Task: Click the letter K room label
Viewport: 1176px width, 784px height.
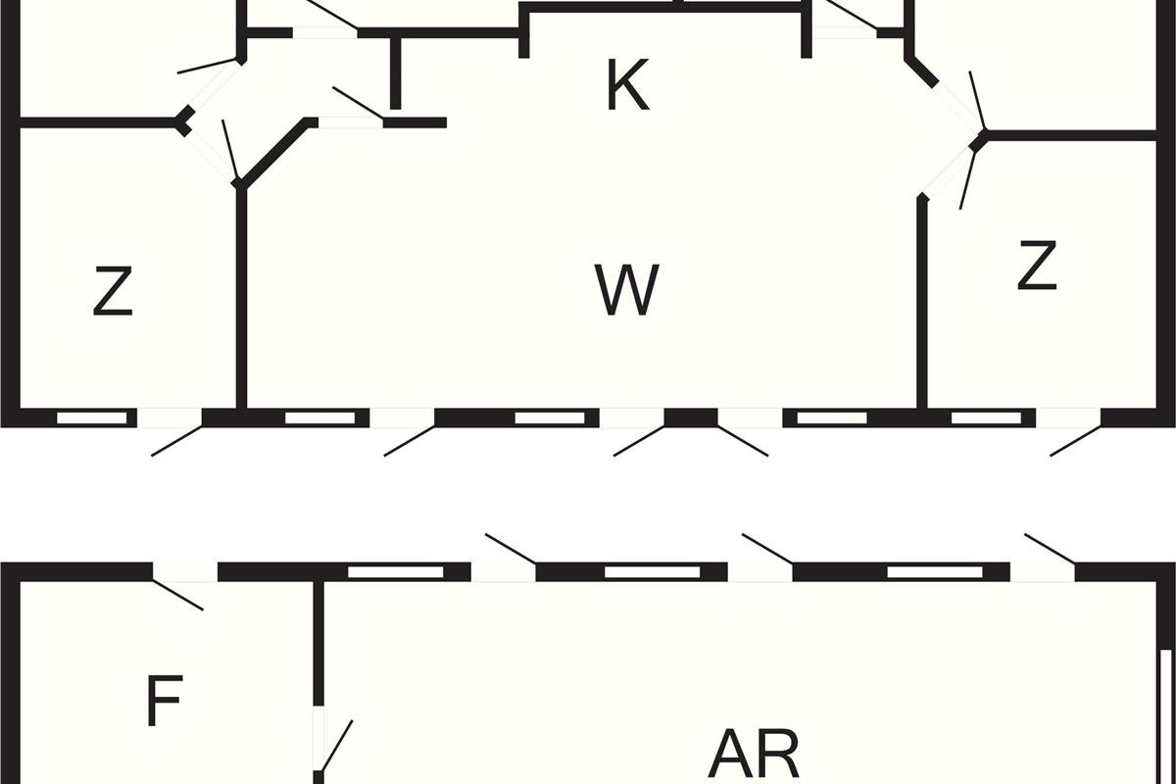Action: click(628, 84)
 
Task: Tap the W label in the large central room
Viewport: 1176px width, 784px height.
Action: click(627, 289)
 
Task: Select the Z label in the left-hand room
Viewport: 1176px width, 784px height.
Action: click(113, 291)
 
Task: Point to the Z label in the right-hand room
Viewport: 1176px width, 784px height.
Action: click(1037, 266)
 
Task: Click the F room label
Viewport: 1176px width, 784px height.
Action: click(165, 701)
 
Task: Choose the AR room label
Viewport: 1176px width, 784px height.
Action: click(754, 753)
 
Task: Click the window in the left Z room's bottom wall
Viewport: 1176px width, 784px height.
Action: click(92, 418)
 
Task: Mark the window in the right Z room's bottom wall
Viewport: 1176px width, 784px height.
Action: click(987, 418)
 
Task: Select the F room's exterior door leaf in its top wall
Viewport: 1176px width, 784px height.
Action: click(177, 595)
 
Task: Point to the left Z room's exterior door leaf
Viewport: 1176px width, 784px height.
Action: click(177, 441)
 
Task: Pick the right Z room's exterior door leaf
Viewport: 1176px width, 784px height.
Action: click(1076, 441)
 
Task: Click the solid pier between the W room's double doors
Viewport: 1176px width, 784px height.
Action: click(691, 417)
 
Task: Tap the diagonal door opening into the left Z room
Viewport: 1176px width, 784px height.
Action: click(231, 151)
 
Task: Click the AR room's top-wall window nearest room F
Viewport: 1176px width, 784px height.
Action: click(396, 572)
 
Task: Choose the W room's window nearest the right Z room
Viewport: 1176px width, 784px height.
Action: click(832, 418)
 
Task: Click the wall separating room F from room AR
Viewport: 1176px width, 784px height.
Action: click(318, 642)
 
